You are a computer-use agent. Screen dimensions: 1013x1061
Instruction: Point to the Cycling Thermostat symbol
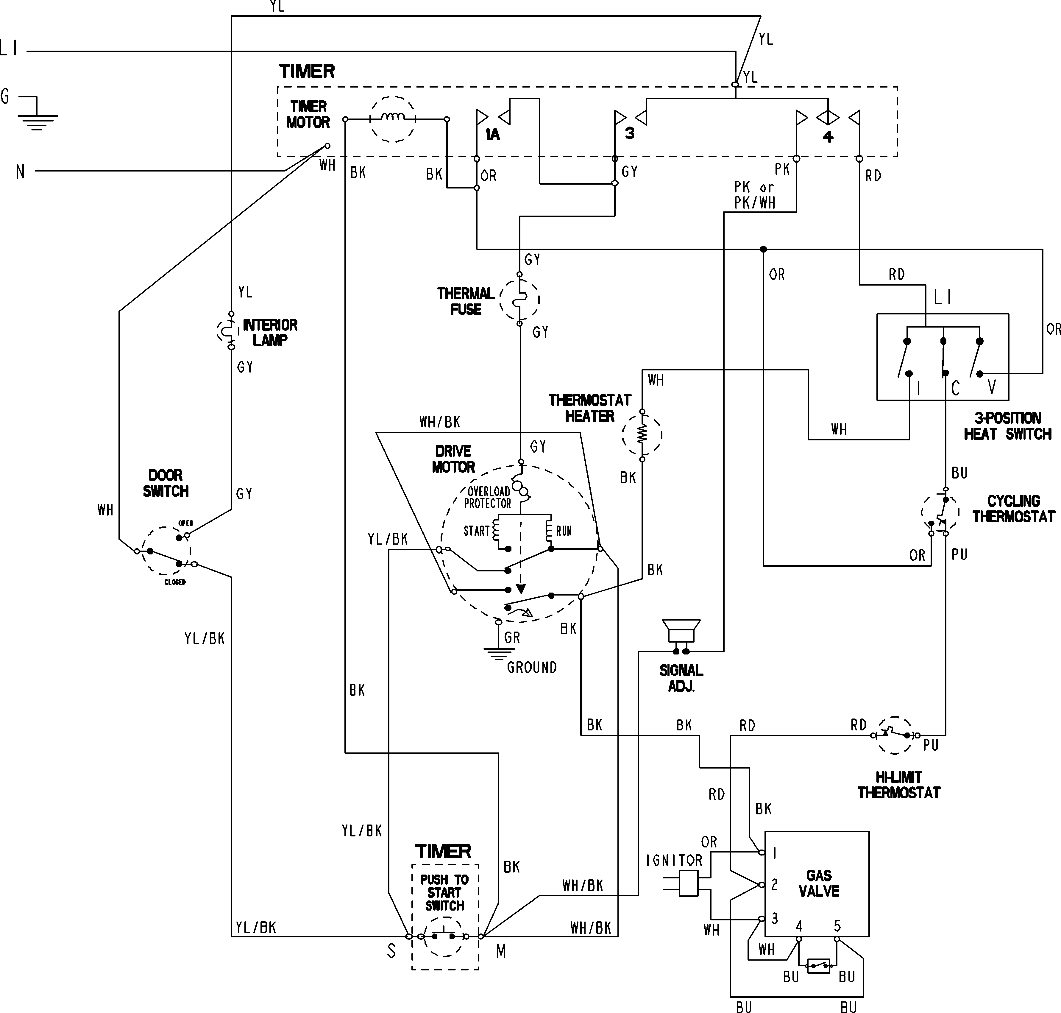(940, 512)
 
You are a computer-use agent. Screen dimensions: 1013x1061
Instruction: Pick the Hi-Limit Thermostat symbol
(895, 735)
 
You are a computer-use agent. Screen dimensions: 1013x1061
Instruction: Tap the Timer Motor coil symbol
(393, 119)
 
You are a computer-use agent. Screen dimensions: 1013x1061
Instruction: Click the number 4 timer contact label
(828, 137)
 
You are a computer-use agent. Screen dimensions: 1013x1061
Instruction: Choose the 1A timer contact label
(492, 135)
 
